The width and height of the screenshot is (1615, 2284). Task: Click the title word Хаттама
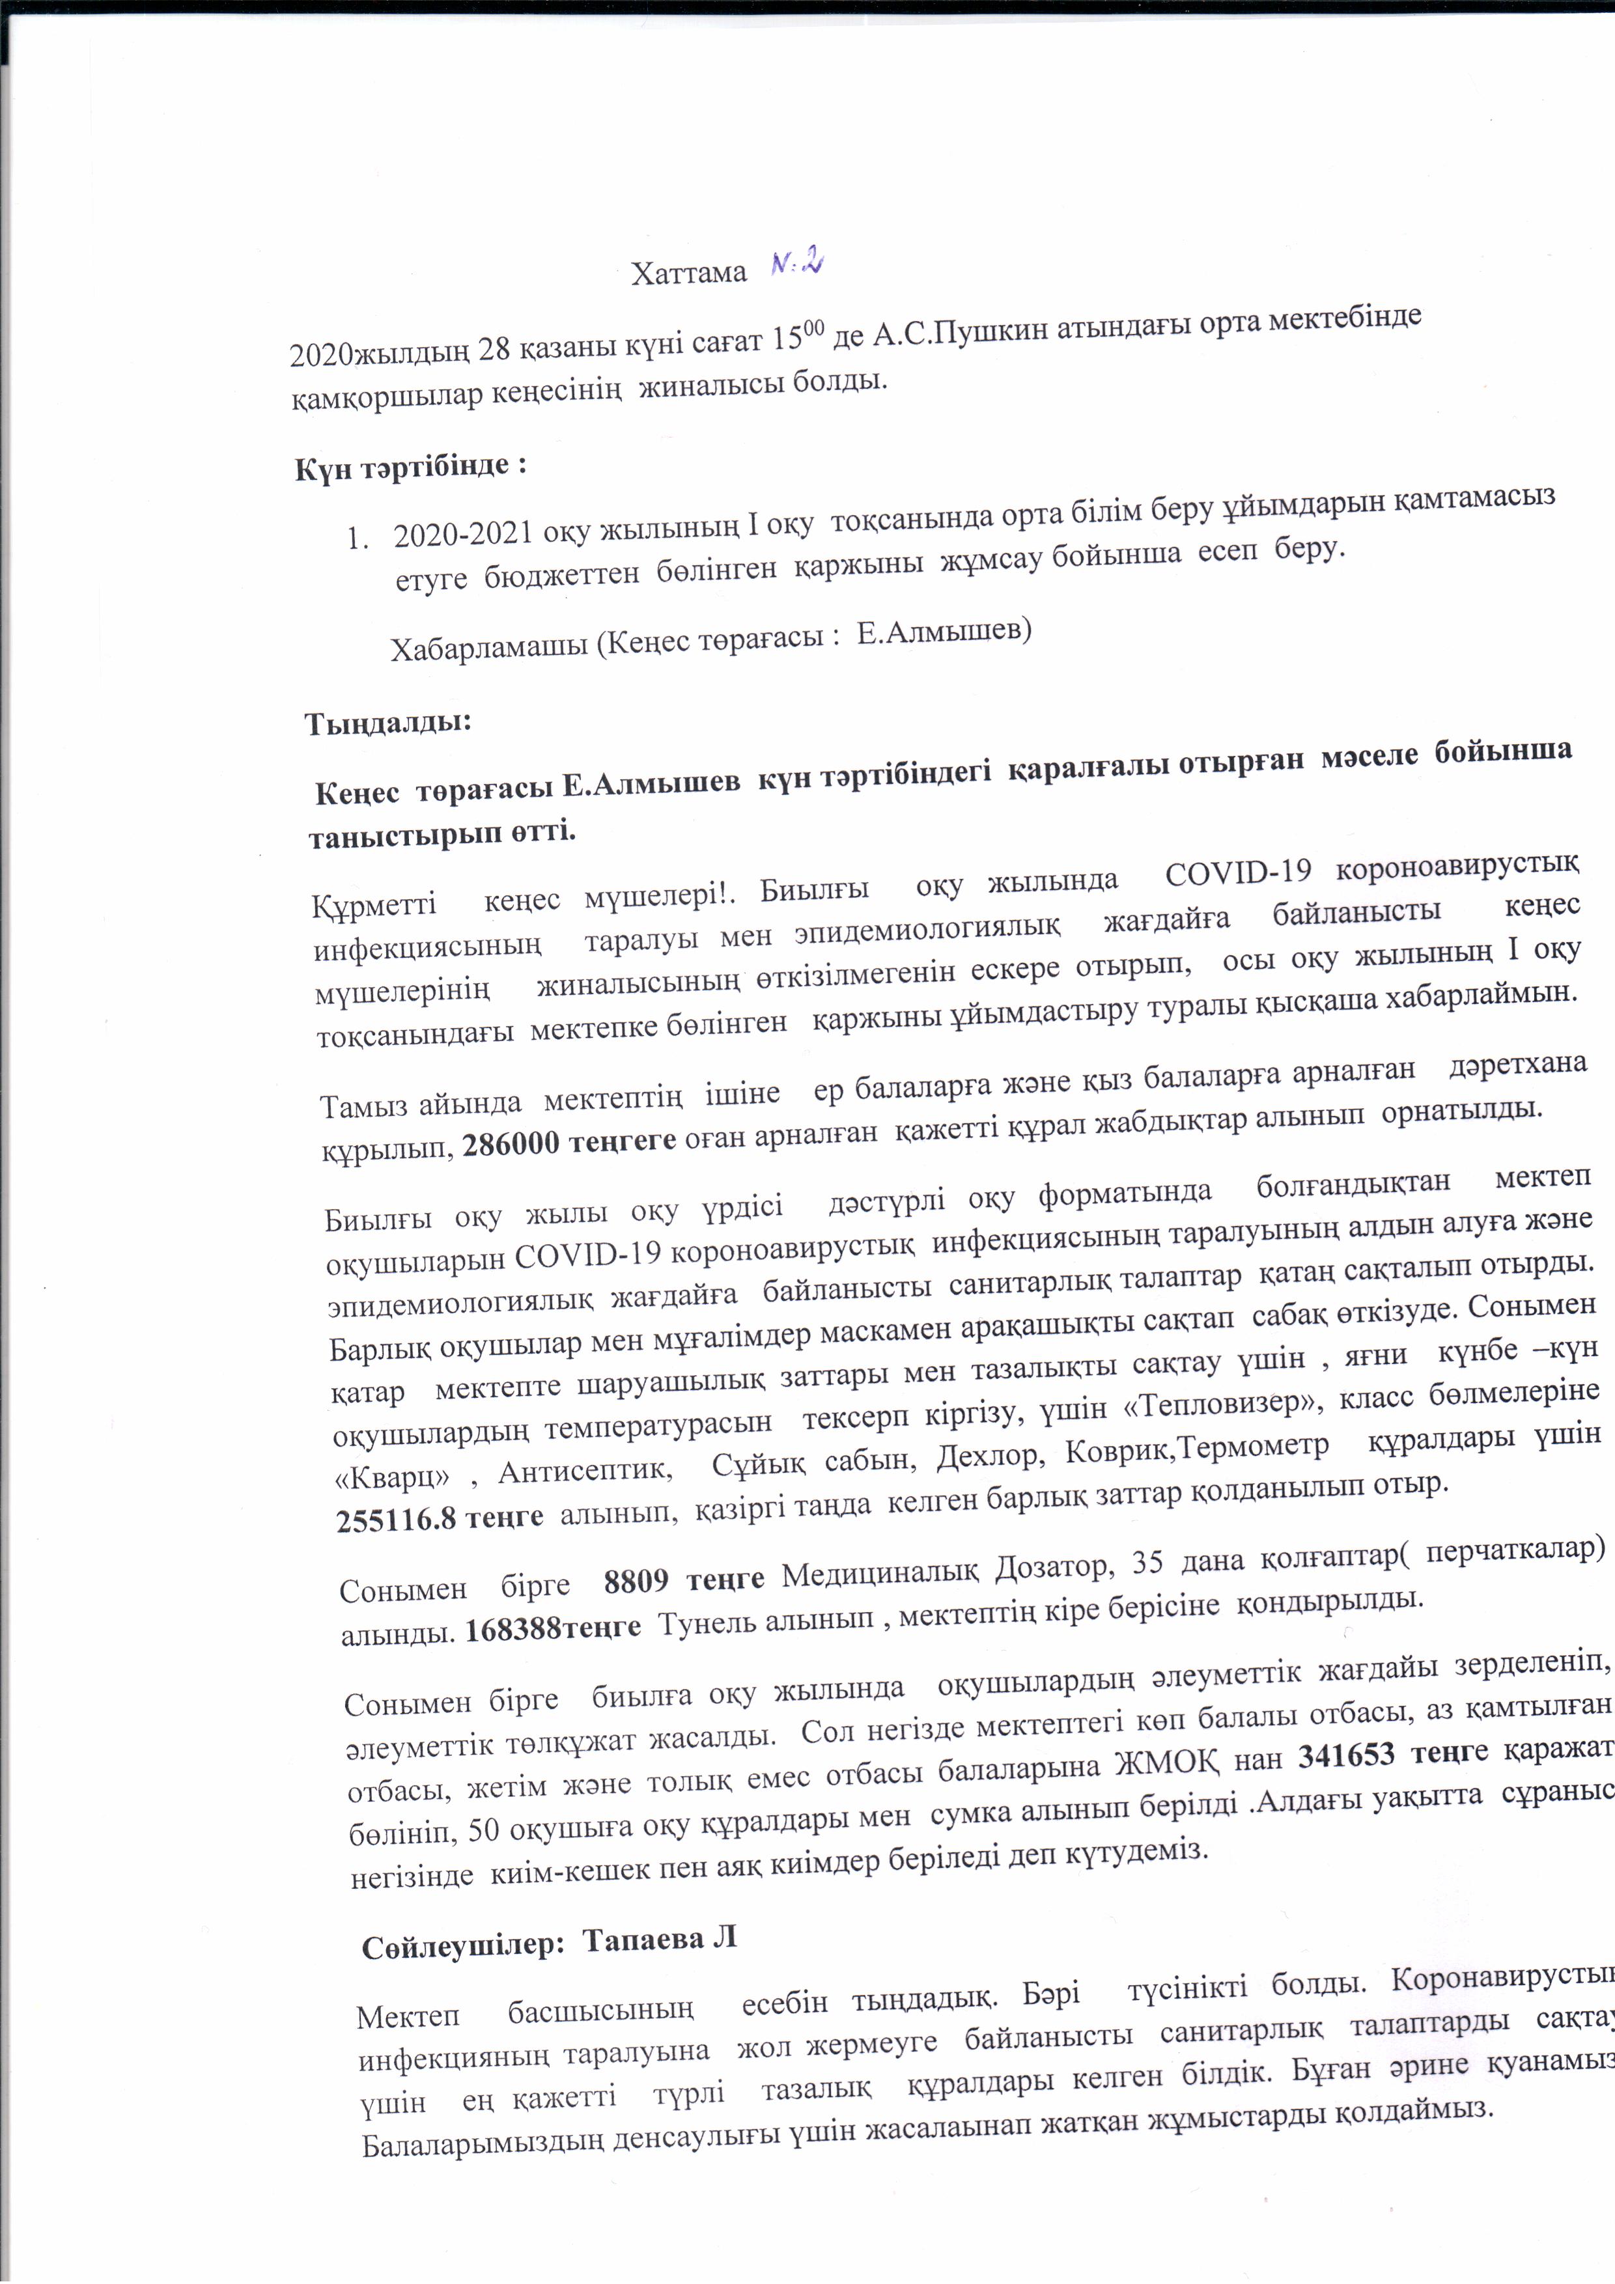pos(688,273)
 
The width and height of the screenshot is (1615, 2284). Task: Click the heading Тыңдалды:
pos(387,721)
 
